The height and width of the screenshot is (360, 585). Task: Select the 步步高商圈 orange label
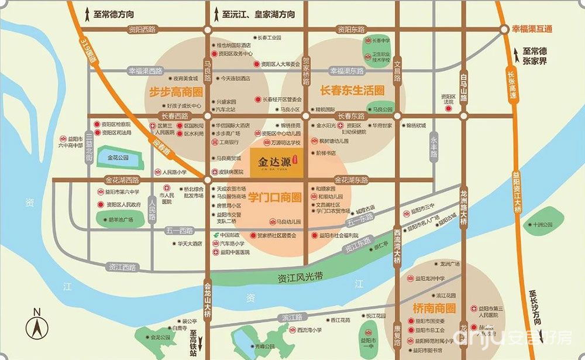point(175,92)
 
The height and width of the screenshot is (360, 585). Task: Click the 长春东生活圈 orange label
point(352,90)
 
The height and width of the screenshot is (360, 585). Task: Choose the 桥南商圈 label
point(433,308)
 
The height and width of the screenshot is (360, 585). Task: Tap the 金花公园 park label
point(118,157)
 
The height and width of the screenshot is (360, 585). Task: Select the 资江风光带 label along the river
point(300,277)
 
